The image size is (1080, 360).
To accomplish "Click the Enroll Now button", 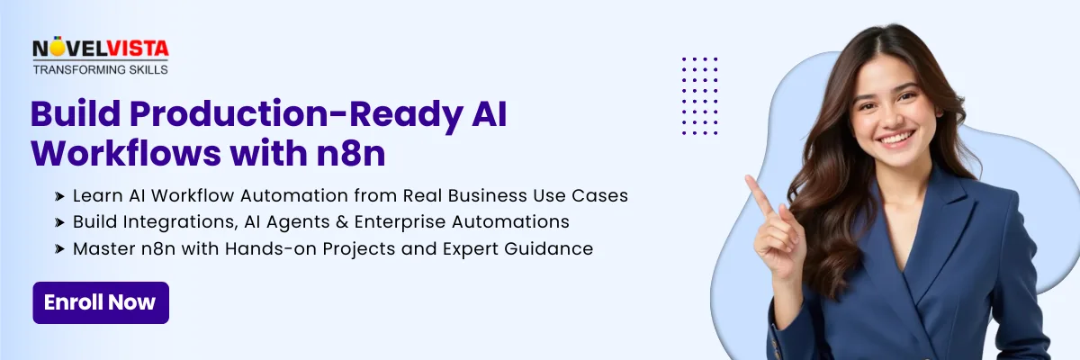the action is click(x=101, y=302).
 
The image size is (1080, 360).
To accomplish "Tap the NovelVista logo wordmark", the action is click(x=101, y=48).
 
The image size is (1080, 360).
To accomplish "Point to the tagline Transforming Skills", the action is click(x=101, y=70).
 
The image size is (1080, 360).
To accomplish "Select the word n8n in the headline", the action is click(x=351, y=153).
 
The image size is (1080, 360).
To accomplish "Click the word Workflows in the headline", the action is click(x=126, y=153).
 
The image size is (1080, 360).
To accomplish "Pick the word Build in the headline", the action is click(x=76, y=113).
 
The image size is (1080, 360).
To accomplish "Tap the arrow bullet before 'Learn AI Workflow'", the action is click(x=59, y=196).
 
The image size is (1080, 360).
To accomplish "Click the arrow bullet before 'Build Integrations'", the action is click(x=59, y=222).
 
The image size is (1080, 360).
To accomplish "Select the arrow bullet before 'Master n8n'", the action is click(x=59, y=249).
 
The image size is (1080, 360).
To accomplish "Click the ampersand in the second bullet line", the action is click(x=342, y=221).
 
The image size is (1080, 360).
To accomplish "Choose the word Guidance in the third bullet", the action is click(x=549, y=248).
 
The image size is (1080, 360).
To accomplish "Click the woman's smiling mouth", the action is click(x=895, y=139).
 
